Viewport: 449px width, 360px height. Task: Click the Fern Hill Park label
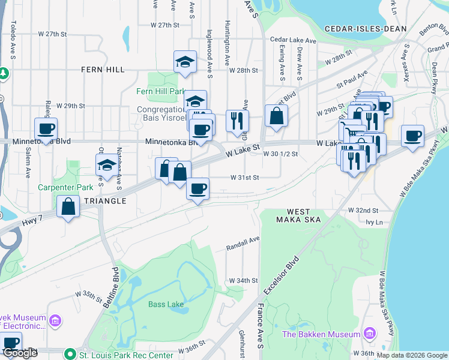(x=160, y=91)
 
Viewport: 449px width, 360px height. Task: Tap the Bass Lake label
(x=166, y=304)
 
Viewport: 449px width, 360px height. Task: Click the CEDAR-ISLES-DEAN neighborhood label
(x=366, y=28)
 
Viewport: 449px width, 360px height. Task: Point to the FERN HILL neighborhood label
(x=103, y=70)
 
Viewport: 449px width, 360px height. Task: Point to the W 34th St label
(x=243, y=280)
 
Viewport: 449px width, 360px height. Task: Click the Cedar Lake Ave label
(x=293, y=40)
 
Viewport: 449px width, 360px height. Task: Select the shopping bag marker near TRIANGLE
(x=68, y=206)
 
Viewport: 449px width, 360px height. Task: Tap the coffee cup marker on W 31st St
(x=197, y=188)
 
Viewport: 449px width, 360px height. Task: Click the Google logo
(x=20, y=353)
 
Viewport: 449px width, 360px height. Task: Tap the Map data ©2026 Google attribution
(x=411, y=355)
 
